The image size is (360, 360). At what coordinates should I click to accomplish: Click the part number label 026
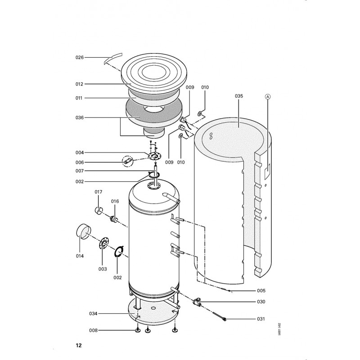[x=80, y=58]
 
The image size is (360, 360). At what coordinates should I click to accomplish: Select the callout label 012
[x=79, y=84]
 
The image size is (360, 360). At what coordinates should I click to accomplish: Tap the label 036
[x=80, y=118]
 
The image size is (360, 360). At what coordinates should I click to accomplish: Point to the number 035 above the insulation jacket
[x=239, y=96]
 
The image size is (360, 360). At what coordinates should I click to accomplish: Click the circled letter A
[x=268, y=97]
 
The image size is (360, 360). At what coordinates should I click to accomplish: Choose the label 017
[x=98, y=192]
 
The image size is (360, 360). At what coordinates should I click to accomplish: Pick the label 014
[x=80, y=256]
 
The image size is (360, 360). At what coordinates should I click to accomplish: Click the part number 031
[x=261, y=319]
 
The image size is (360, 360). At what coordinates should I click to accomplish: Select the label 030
[x=261, y=301]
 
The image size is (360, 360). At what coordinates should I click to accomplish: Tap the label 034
[x=93, y=314]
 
